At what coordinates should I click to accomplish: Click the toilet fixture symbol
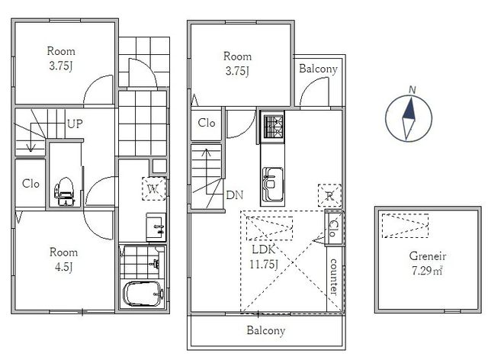(x=65, y=191)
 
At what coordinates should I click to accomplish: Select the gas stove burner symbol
(x=274, y=127)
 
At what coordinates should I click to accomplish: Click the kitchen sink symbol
(x=273, y=185)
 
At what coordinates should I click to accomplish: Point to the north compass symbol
(x=409, y=118)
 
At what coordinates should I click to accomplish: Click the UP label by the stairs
(x=75, y=124)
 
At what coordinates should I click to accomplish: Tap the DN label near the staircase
(x=234, y=195)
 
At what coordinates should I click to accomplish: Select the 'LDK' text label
(x=263, y=249)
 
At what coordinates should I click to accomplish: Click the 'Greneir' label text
(x=427, y=256)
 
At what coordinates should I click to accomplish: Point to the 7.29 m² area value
(x=427, y=271)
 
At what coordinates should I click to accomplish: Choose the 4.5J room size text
(x=63, y=267)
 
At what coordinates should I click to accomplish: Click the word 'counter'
(x=333, y=277)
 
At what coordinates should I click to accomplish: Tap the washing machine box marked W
(x=154, y=188)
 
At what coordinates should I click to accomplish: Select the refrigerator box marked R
(x=329, y=195)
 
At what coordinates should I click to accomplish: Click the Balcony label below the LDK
(x=266, y=330)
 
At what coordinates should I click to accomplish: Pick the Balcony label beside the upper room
(x=318, y=69)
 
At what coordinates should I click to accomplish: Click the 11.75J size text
(x=264, y=265)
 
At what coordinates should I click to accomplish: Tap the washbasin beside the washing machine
(x=156, y=227)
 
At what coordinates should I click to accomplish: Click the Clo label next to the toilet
(x=30, y=183)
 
